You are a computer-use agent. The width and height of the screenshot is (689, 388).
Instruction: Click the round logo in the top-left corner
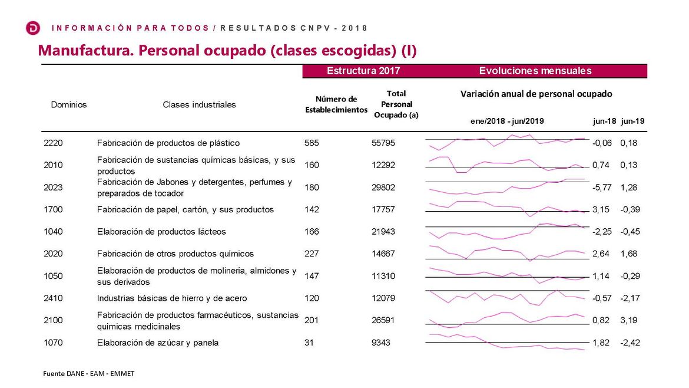[x=33, y=28]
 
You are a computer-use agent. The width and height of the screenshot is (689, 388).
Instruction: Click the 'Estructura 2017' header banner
[x=363, y=71]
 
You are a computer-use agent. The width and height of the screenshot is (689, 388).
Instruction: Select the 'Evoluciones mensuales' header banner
[x=535, y=71]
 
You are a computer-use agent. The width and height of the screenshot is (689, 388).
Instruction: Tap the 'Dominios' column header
[x=69, y=104]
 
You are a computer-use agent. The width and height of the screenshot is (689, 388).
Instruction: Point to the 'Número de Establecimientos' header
[x=336, y=104]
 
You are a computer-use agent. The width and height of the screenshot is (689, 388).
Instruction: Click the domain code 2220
[x=53, y=143]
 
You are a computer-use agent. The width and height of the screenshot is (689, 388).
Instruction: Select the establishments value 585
[x=312, y=143]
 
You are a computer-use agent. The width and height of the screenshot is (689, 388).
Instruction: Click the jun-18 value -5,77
[x=601, y=188]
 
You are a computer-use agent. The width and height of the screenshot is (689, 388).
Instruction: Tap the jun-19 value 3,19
[x=629, y=320]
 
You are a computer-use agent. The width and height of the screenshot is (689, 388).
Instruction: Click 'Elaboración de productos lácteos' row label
[x=161, y=232]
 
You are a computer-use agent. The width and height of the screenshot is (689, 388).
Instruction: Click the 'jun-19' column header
[x=632, y=121]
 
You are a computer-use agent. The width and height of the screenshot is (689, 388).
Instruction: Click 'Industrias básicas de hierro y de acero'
[x=172, y=298]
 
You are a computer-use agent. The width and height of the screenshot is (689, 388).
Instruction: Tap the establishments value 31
[x=309, y=343]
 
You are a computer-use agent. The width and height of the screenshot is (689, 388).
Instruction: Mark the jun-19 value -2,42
[x=630, y=343]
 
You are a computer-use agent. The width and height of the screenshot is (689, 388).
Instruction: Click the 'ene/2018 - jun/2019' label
[x=507, y=121]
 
